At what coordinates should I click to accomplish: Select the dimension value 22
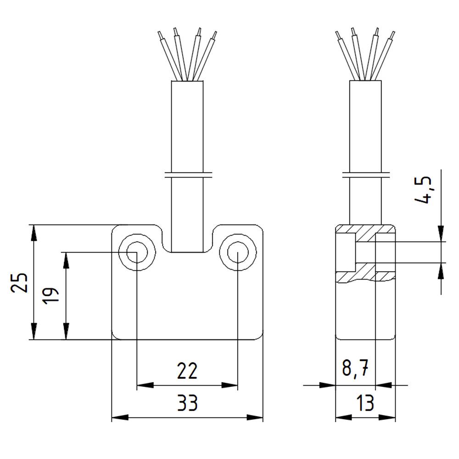tap(187, 371)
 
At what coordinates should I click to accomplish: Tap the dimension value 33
tap(187, 403)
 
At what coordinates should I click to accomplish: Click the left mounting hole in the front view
tap(136, 252)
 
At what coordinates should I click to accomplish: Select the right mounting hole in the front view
tap(237, 252)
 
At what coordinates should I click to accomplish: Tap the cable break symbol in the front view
tap(187, 174)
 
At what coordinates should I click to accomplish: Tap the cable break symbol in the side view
tap(366, 174)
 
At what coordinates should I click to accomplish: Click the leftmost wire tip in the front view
tap(159, 35)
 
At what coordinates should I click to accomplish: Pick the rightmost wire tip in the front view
tap(214, 35)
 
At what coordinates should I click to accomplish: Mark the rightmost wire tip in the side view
tap(393, 35)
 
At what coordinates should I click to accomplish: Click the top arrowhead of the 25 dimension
tap(34, 232)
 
